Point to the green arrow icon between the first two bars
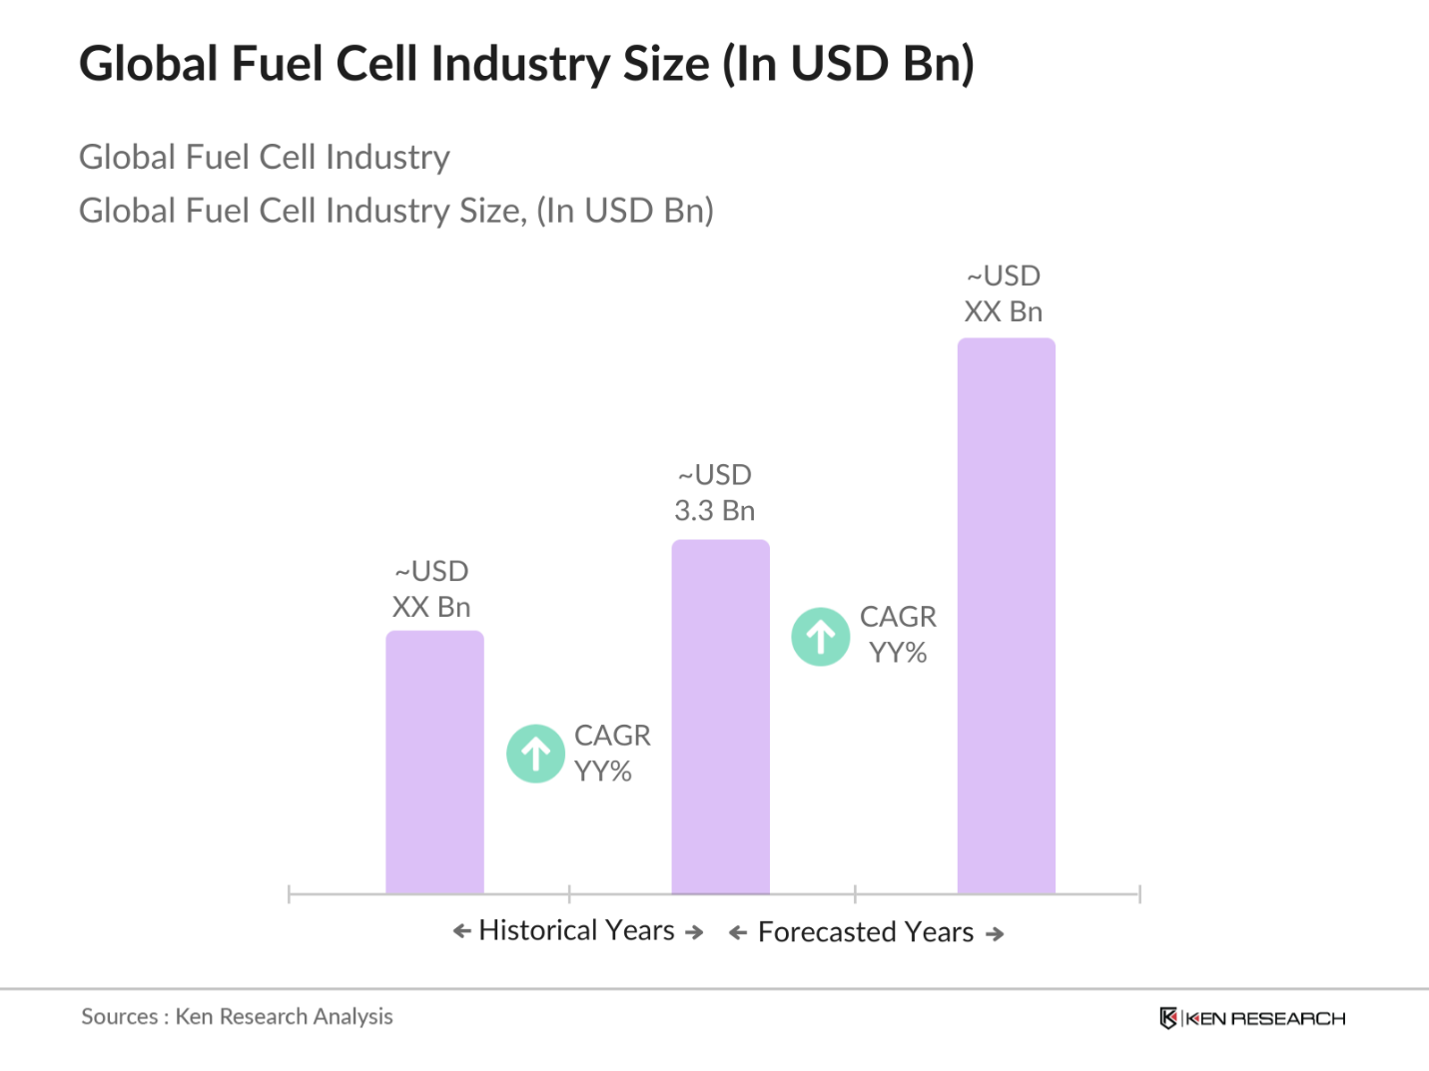pyautogui.click(x=536, y=754)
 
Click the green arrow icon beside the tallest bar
pyautogui.click(x=821, y=637)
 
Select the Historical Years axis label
pyautogui.click(x=577, y=930)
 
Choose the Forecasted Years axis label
pyautogui.click(x=866, y=932)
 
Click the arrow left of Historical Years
pyautogui.click(x=461, y=931)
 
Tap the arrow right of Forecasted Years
pyautogui.click(x=995, y=934)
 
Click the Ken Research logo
pyautogui.click(x=1252, y=1018)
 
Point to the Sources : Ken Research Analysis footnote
pyautogui.click(x=237, y=1017)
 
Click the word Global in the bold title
pyautogui.click(x=149, y=64)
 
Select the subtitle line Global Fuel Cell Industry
pyautogui.click(x=265, y=157)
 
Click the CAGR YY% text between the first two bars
pyautogui.click(x=611, y=754)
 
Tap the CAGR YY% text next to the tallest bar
pyautogui.click(x=898, y=635)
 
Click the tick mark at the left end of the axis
pyautogui.click(x=289, y=893)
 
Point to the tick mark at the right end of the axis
pyautogui.click(x=1139, y=893)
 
